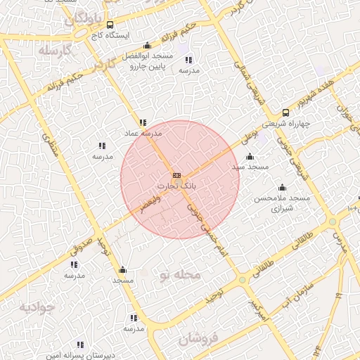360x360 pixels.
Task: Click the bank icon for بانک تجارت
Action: [x=176, y=175]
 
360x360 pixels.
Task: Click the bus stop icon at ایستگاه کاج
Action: [x=110, y=25]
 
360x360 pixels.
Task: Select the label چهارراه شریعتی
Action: [x=285, y=123]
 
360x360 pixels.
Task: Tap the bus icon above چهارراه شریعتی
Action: [x=285, y=112]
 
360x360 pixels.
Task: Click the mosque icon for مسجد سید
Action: [x=250, y=157]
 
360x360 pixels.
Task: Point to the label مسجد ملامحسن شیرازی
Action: [x=282, y=204]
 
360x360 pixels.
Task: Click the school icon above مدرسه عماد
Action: [x=143, y=122]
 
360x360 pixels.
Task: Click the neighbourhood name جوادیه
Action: [x=37, y=308]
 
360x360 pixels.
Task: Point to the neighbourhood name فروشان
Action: [x=199, y=340]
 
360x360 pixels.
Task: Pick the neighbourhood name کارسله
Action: [x=56, y=51]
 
